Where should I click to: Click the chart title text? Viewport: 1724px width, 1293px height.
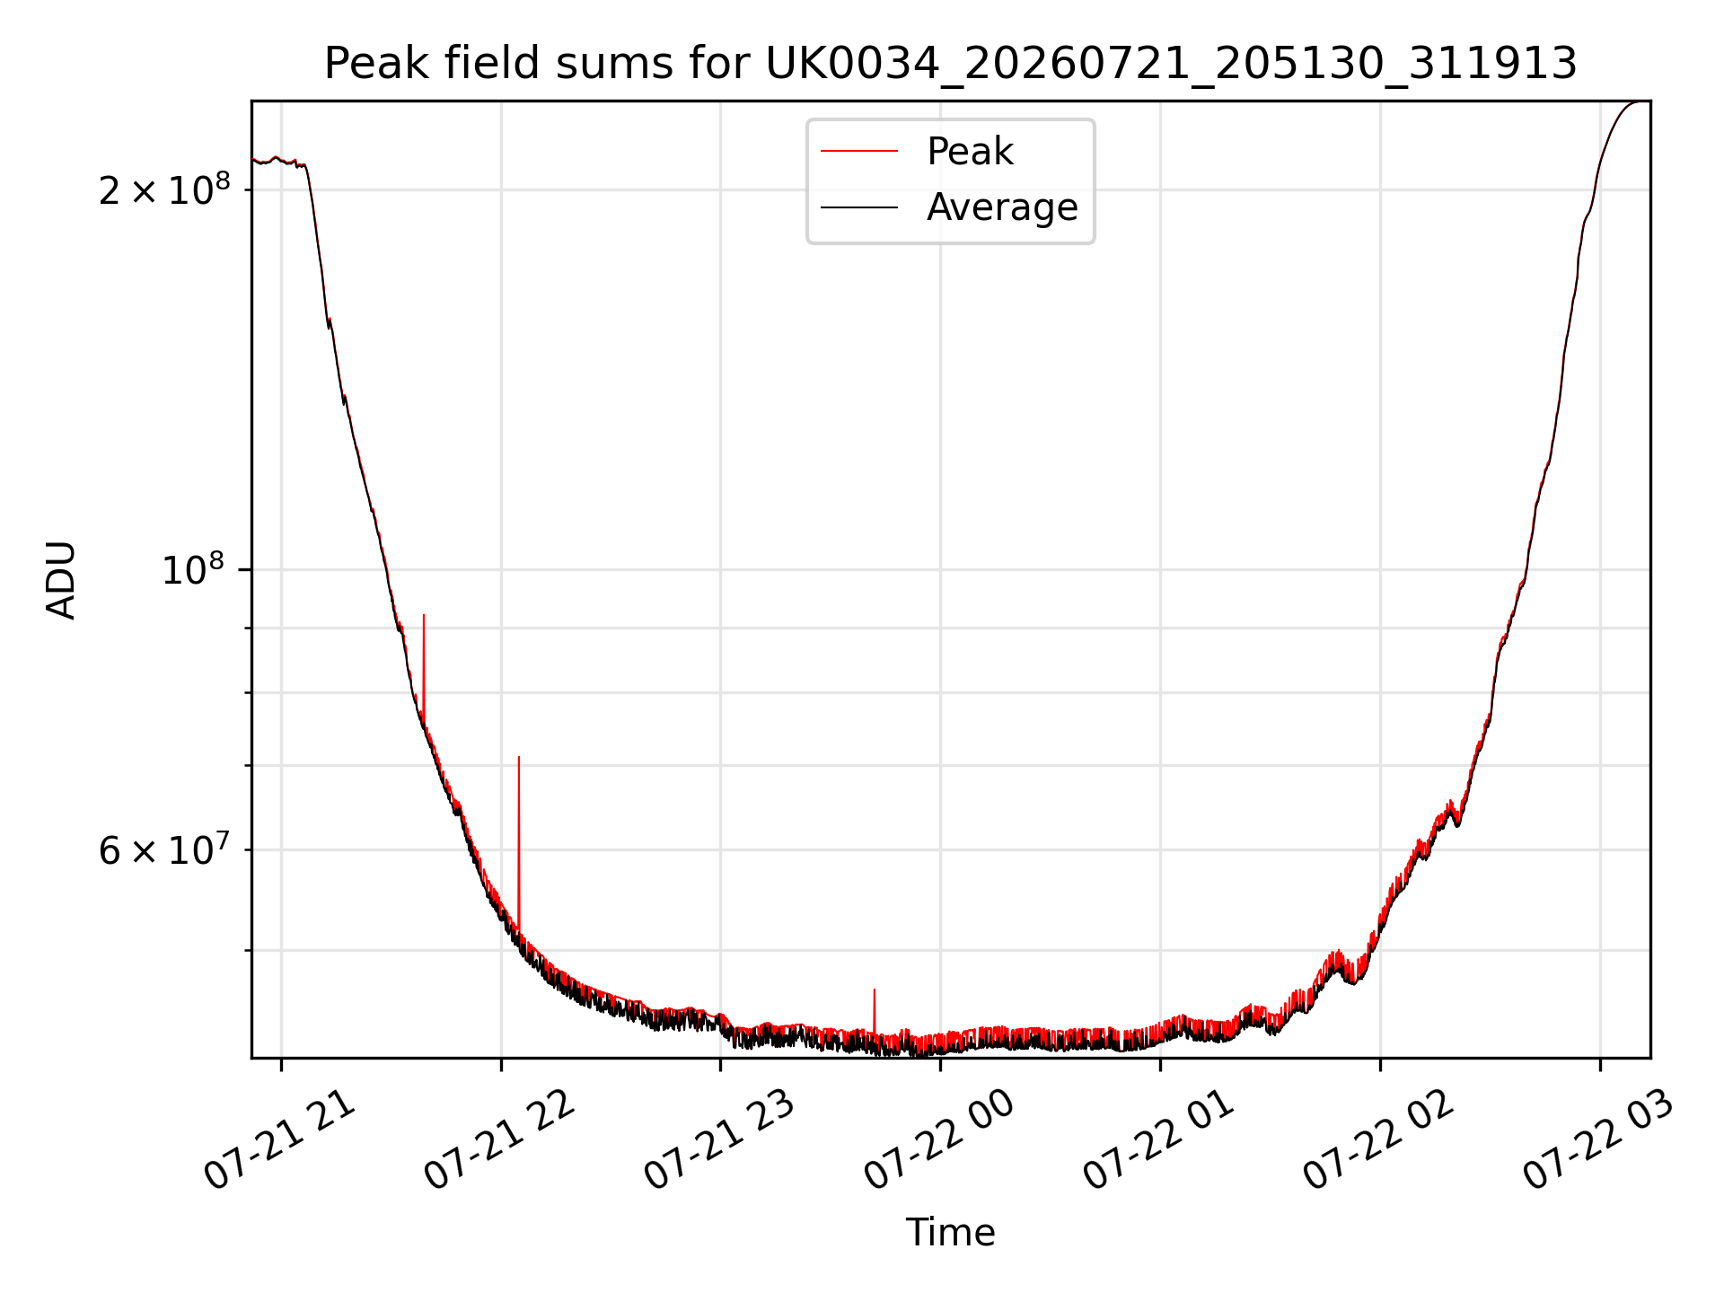(950, 64)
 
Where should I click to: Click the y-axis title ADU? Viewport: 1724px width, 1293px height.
(61, 580)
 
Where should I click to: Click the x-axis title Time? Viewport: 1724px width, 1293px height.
(950, 1232)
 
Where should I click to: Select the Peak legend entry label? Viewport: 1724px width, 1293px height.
(970, 151)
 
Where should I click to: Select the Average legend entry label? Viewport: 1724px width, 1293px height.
(1002, 207)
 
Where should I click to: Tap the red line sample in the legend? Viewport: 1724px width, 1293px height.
(859, 151)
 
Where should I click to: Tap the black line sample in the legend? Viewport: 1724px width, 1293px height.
(859, 207)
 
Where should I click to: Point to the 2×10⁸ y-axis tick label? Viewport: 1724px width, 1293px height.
(164, 189)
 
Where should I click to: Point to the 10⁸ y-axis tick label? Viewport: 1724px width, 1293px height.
(196, 569)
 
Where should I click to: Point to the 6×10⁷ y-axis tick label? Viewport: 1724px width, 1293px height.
(164, 849)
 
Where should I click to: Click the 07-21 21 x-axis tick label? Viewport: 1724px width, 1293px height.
(281, 1140)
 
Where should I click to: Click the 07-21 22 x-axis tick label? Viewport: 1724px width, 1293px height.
(500, 1140)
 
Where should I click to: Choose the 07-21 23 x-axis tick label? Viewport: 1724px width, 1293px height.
(720, 1140)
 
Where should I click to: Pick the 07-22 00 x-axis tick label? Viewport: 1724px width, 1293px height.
(940, 1140)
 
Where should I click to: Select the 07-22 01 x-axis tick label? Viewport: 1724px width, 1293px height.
(1160, 1140)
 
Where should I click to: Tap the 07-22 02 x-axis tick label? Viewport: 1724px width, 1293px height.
(1380, 1140)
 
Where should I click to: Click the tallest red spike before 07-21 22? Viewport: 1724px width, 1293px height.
(424, 669)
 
